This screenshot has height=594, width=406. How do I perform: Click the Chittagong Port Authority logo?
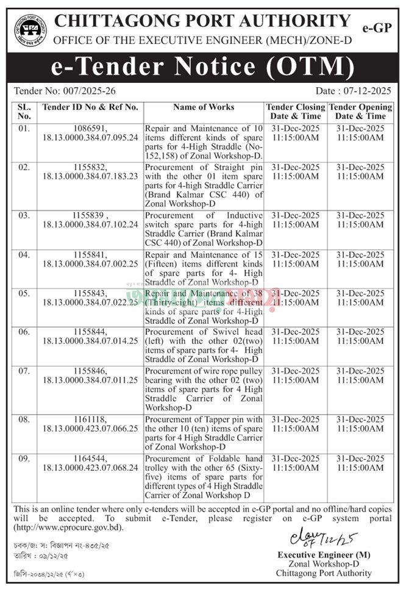30,28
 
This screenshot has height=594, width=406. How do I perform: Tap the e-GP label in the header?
376,28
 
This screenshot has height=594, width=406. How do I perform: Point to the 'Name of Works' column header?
204,107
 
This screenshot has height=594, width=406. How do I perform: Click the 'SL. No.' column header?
24,112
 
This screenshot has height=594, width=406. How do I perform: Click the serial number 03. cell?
24,216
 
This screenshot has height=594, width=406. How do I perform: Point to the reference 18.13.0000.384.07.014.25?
90,341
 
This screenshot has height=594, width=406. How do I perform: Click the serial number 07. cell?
24,370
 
